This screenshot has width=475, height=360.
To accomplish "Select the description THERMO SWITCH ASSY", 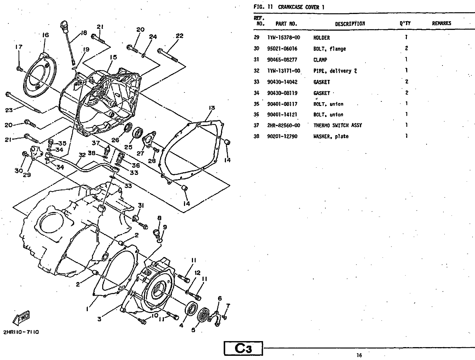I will [x=337, y=125].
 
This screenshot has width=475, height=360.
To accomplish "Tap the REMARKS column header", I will [x=441, y=23].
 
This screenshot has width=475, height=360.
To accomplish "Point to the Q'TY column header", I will [x=405, y=23].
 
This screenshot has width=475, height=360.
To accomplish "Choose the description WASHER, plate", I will [x=331, y=136].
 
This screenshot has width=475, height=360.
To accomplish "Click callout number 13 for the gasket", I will [x=212, y=108].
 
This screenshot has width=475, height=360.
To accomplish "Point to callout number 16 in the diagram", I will [x=45, y=35].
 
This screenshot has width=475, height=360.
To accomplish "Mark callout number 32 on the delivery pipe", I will [x=82, y=154].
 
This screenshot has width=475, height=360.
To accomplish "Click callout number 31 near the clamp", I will [x=140, y=205].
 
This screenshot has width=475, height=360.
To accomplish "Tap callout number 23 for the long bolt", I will [x=9, y=110].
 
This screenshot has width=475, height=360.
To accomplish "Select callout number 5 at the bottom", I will [x=193, y=330].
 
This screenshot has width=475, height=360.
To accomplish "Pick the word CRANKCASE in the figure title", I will [x=294, y=7].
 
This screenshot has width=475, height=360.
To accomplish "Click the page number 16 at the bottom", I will [x=359, y=355].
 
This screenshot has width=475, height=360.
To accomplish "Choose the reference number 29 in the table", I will [x=256, y=38].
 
